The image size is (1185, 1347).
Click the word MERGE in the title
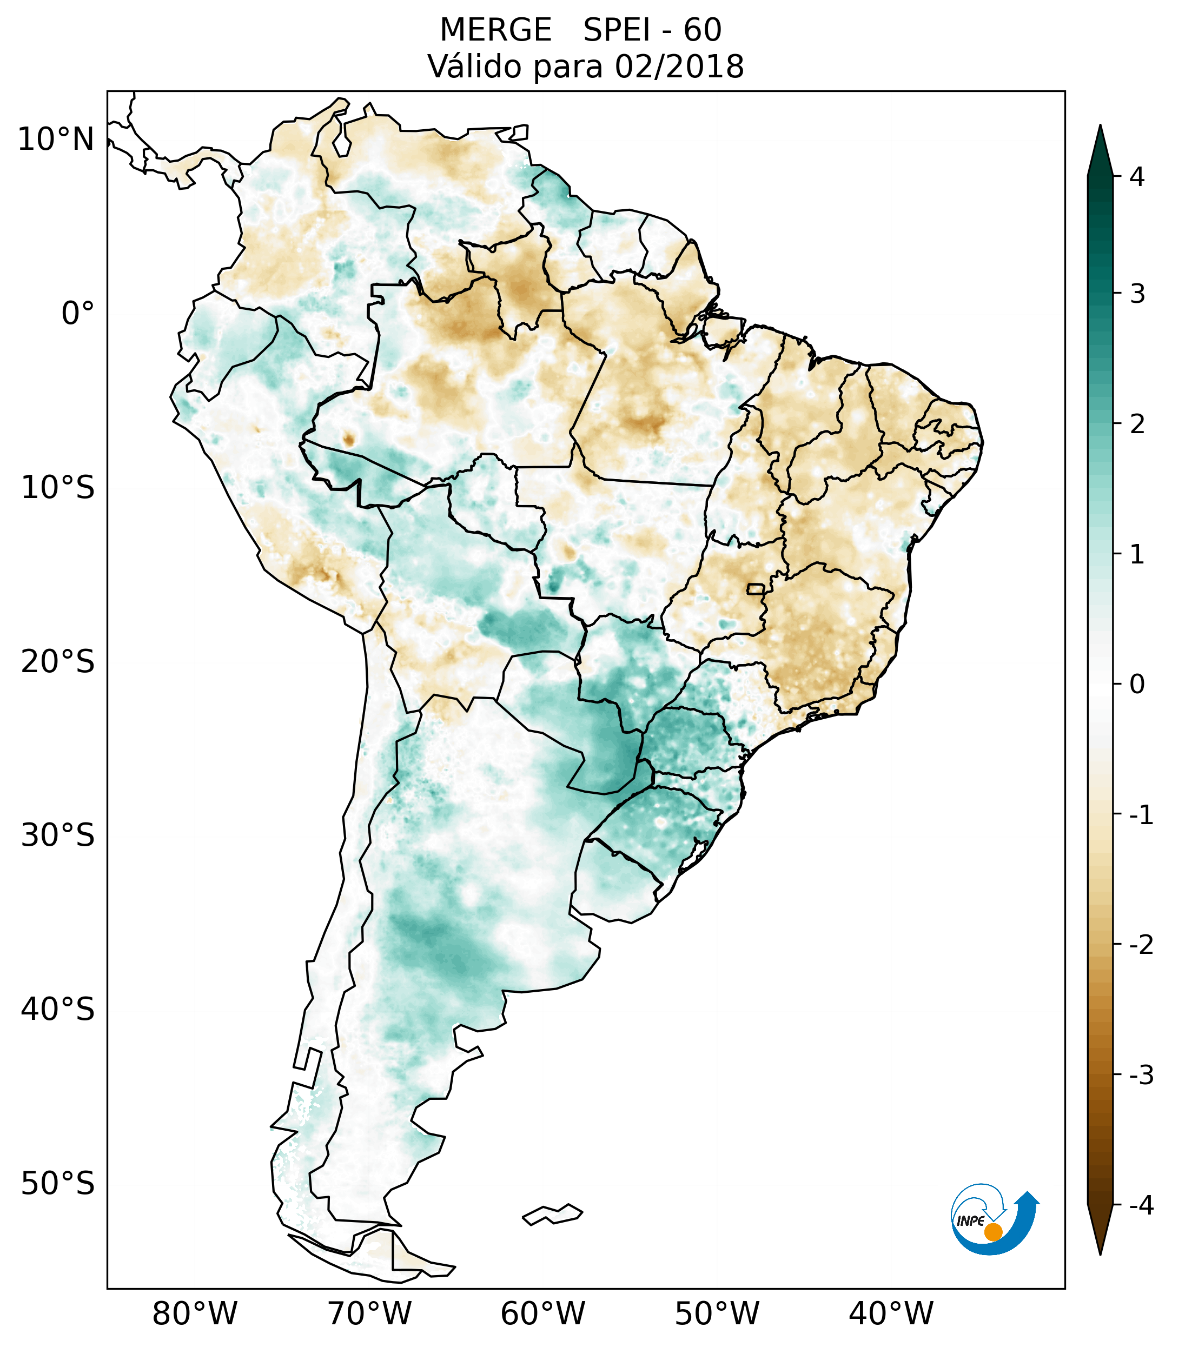495,30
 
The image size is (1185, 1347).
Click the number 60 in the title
703,30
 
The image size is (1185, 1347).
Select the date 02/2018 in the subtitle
679,67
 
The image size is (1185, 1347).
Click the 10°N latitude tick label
56,140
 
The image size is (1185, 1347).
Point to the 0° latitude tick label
78,314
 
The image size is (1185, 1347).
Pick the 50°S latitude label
58,1184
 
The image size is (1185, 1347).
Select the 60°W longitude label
543,1313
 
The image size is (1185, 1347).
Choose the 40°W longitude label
891,1313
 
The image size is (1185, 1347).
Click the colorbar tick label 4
1137,177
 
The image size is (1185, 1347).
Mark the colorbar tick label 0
1137,685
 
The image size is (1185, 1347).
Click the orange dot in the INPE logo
992,1232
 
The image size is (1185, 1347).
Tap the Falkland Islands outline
552,1214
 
